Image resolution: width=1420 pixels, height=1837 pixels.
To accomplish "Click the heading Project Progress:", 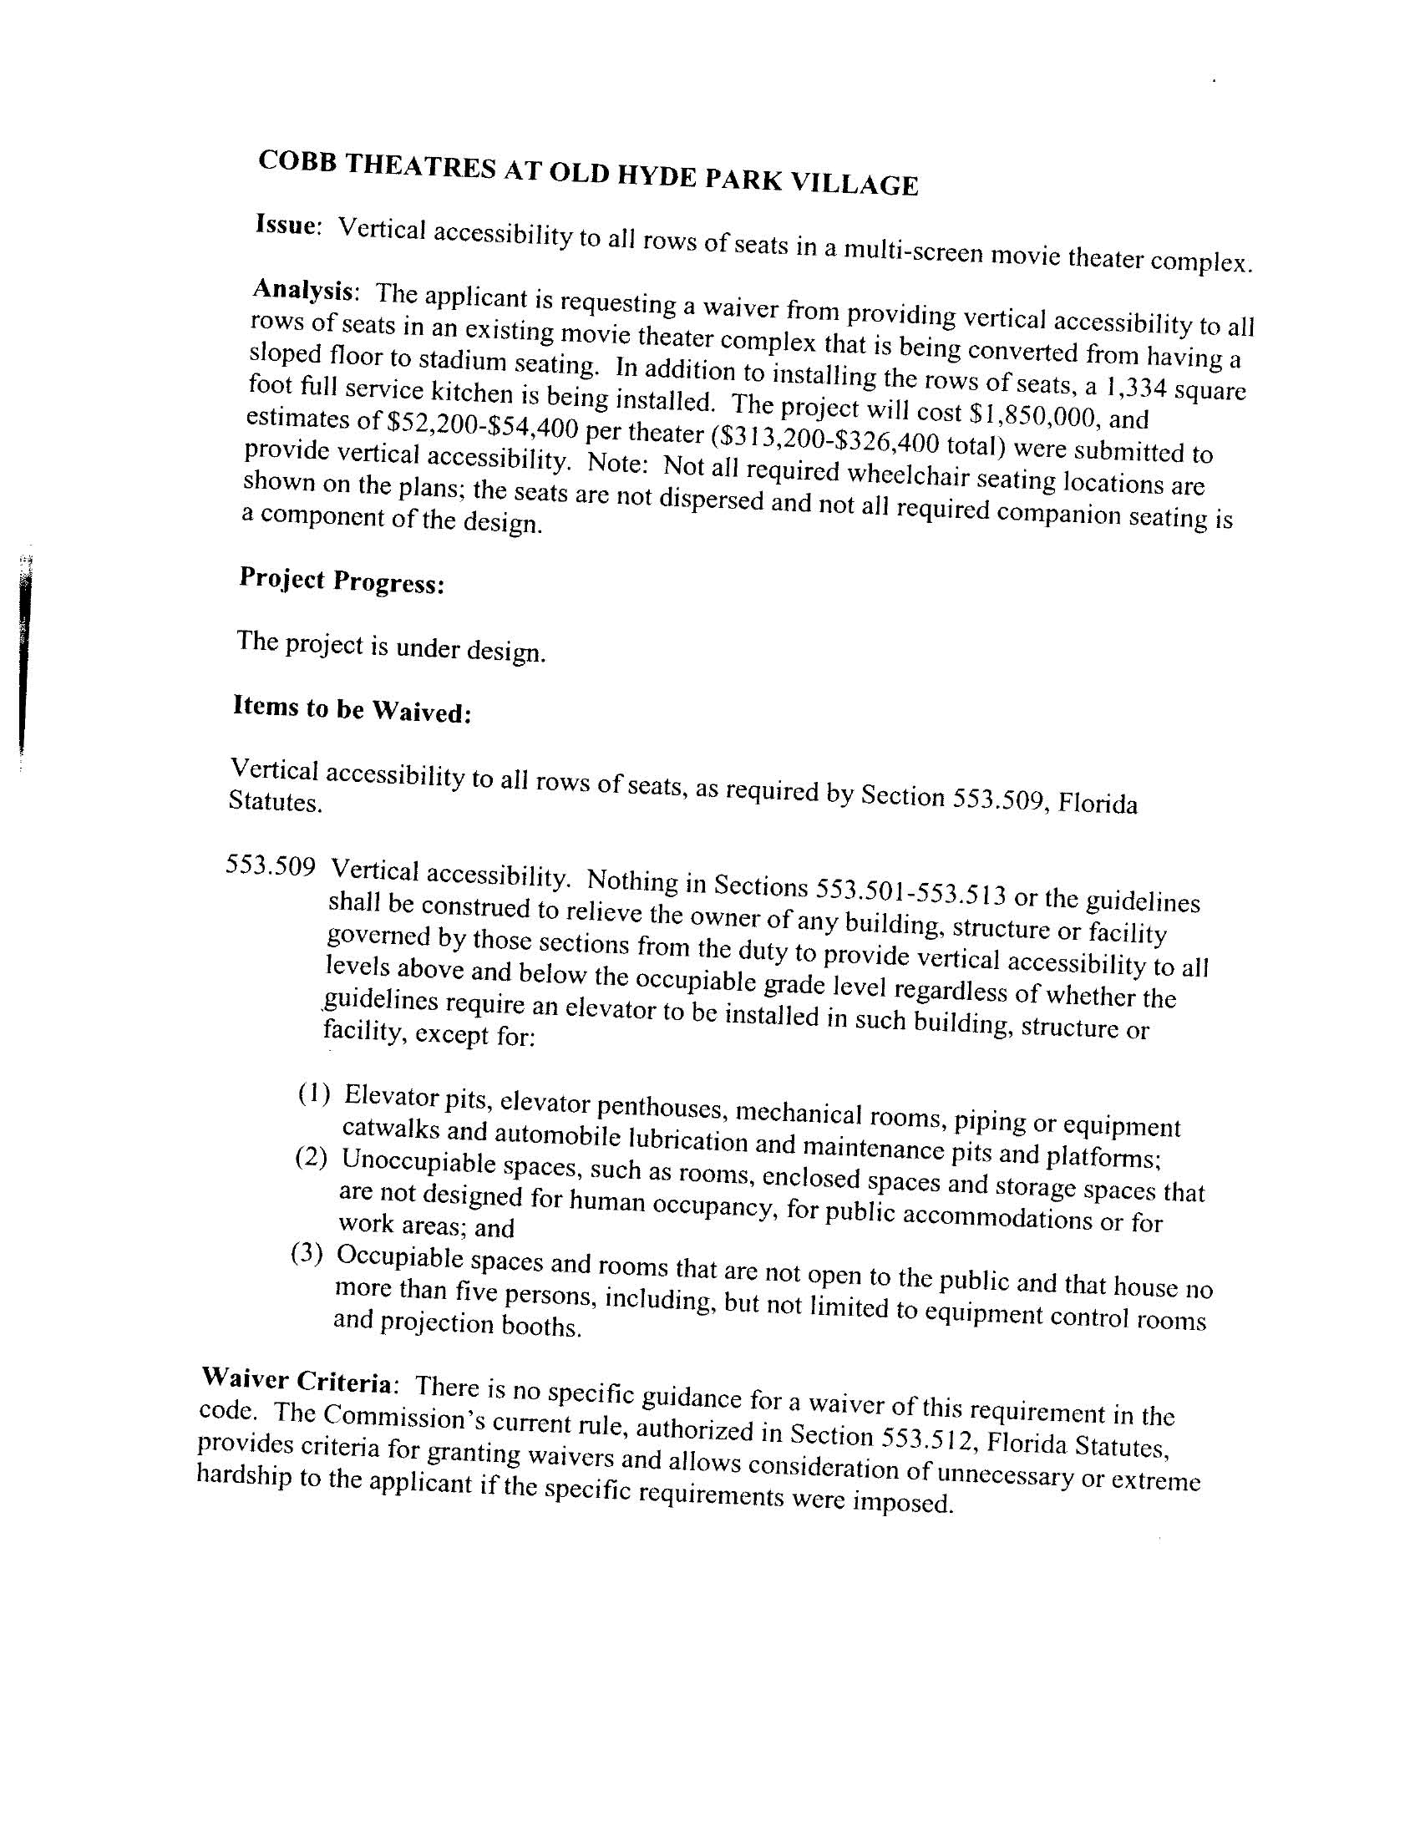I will pyautogui.click(x=341, y=580).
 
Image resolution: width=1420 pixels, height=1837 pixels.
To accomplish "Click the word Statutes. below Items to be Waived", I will pyautogui.click(x=274, y=802).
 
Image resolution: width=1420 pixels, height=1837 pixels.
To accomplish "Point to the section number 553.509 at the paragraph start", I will pyautogui.click(x=270, y=865).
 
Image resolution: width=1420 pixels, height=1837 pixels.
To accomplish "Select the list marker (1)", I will pyautogui.click(x=313, y=1094).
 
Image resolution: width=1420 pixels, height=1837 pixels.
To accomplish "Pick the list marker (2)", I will pyautogui.click(x=311, y=1157).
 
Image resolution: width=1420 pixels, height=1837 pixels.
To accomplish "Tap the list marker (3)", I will pyautogui.click(x=307, y=1254).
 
